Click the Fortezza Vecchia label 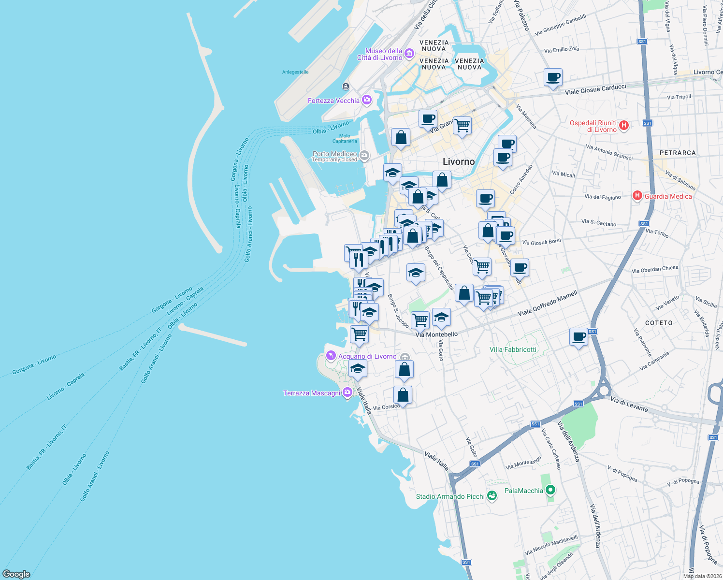coord(333,101)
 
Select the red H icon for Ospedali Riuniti coord(624,126)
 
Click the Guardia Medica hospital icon coord(637,196)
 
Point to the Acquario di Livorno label coord(367,356)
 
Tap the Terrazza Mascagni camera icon coord(347,392)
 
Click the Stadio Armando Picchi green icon coord(492,496)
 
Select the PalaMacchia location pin coord(550,491)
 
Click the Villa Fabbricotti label coord(513,349)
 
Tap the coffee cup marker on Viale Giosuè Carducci coord(553,77)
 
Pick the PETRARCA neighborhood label coord(678,153)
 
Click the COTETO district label coord(659,323)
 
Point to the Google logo coord(16,574)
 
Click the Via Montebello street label coord(436,334)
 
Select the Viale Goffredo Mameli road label coord(547,303)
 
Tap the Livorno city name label coord(459,161)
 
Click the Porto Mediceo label coord(334,154)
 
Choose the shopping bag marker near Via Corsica coord(403,395)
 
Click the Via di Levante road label coord(629,404)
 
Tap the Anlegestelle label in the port coord(295,72)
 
